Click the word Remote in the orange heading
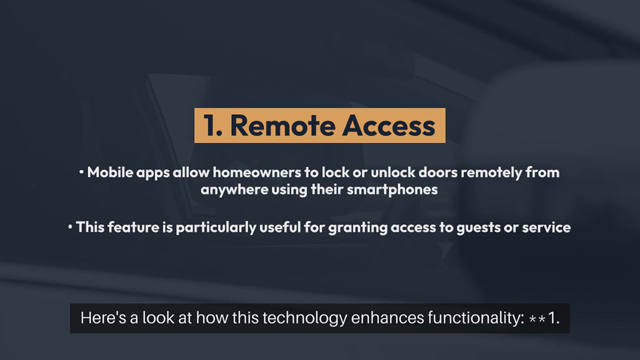[283, 126]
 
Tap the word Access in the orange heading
[389, 126]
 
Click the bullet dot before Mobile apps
[81, 172]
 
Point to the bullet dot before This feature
[70, 227]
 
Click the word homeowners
[257, 172]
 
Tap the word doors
[438, 172]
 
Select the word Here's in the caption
[103, 318]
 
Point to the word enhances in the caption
[387, 318]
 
